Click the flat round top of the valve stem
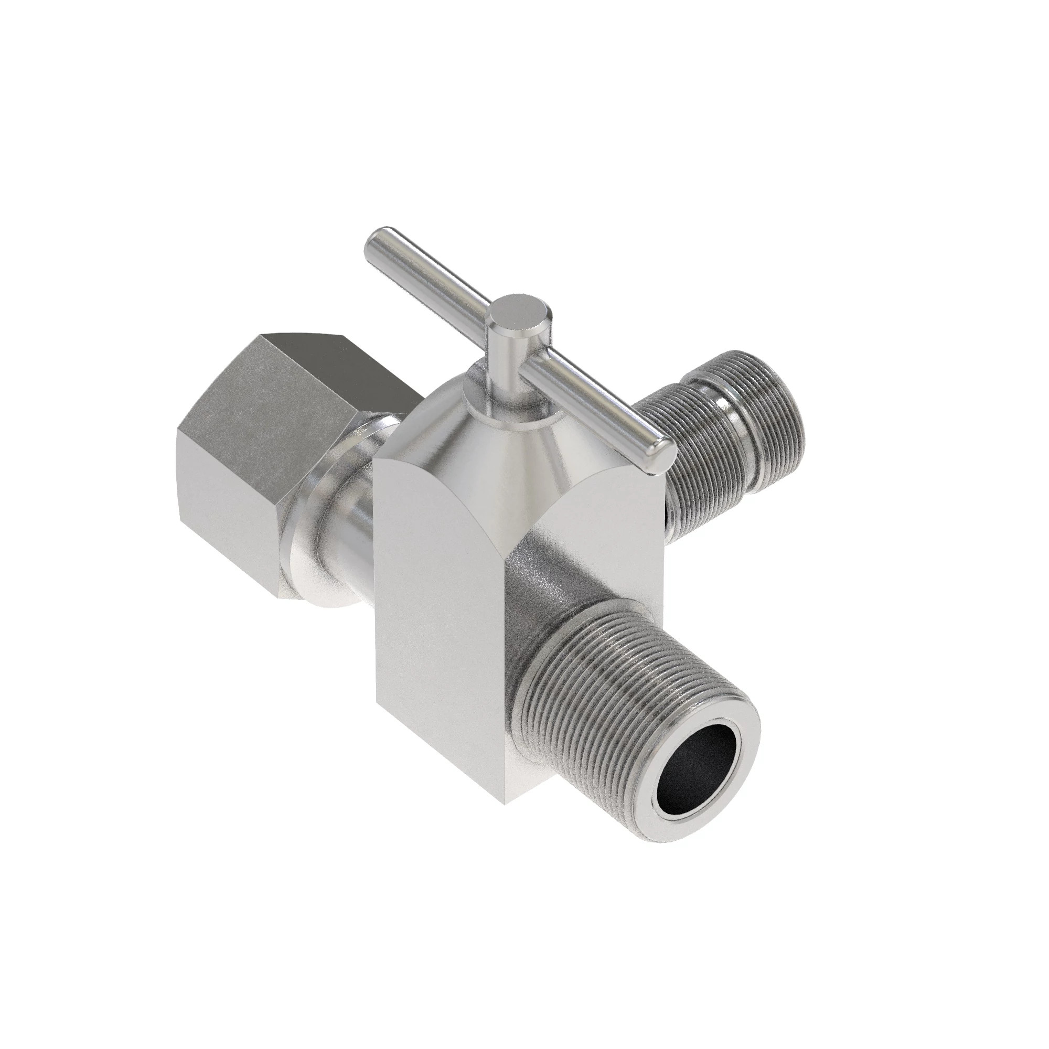click(519, 316)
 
